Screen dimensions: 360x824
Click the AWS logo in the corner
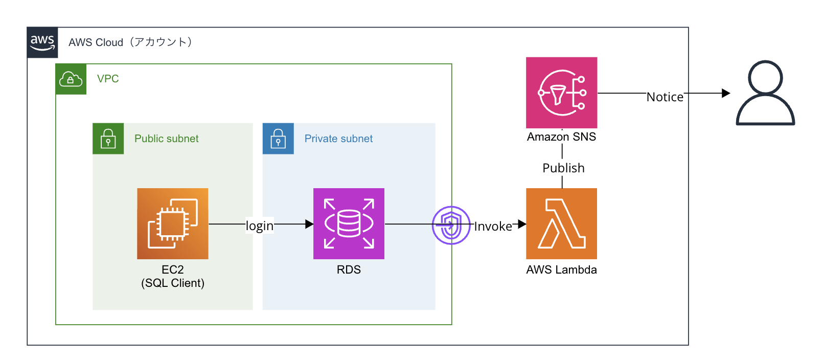point(42,42)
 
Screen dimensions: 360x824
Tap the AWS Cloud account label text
point(130,42)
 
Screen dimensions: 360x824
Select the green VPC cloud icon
point(71,79)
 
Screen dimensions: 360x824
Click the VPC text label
point(108,79)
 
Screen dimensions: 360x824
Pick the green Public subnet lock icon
point(108,139)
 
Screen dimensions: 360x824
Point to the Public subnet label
point(166,139)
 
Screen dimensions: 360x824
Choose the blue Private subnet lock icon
point(278,139)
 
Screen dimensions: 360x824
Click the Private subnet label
point(338,139)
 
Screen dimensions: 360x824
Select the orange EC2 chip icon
point(173,223)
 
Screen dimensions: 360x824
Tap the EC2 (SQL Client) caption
point(173,276)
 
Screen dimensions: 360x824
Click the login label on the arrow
point(260,226)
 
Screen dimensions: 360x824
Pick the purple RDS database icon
point(349,223)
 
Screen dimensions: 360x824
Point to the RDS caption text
point(349,269)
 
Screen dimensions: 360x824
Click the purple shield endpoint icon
point(451,225)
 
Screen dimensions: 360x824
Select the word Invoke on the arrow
point(493,227)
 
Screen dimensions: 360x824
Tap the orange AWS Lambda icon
point(561,223)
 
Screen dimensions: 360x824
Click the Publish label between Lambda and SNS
point(563,168)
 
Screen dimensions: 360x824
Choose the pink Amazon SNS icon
point(561,93)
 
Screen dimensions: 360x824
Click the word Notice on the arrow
point(665,97)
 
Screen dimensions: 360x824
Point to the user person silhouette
point(765,93)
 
